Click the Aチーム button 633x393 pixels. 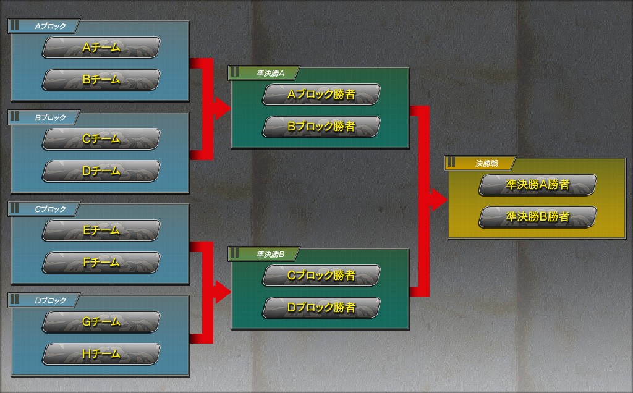[x=101, y=48]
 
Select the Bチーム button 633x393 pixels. [x=101, y=80]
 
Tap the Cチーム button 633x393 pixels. [x=101, y=140]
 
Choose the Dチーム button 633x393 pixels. [x=101, y=171]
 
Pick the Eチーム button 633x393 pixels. [x=101, y=230]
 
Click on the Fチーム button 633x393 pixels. [x=101, y=263]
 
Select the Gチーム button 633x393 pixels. [x=101, y=322]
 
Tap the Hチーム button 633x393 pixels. [x=101, y=354]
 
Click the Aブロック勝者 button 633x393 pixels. [x=321, y=95]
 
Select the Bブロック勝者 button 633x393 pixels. [x=321, y=127]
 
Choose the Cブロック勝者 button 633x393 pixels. [x=321, y=276]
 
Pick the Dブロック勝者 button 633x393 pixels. [x=321, y=307]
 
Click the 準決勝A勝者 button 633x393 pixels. [x=538, y=185]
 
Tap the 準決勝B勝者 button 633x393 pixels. [x=538, y=217]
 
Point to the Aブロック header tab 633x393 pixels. [x=45, y=27]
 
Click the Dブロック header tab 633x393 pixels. [x=45, y=301]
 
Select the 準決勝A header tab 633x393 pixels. [x=265, y=73]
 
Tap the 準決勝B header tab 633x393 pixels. [x=265, y=254]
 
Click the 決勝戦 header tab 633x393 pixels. [x=481, y=164]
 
